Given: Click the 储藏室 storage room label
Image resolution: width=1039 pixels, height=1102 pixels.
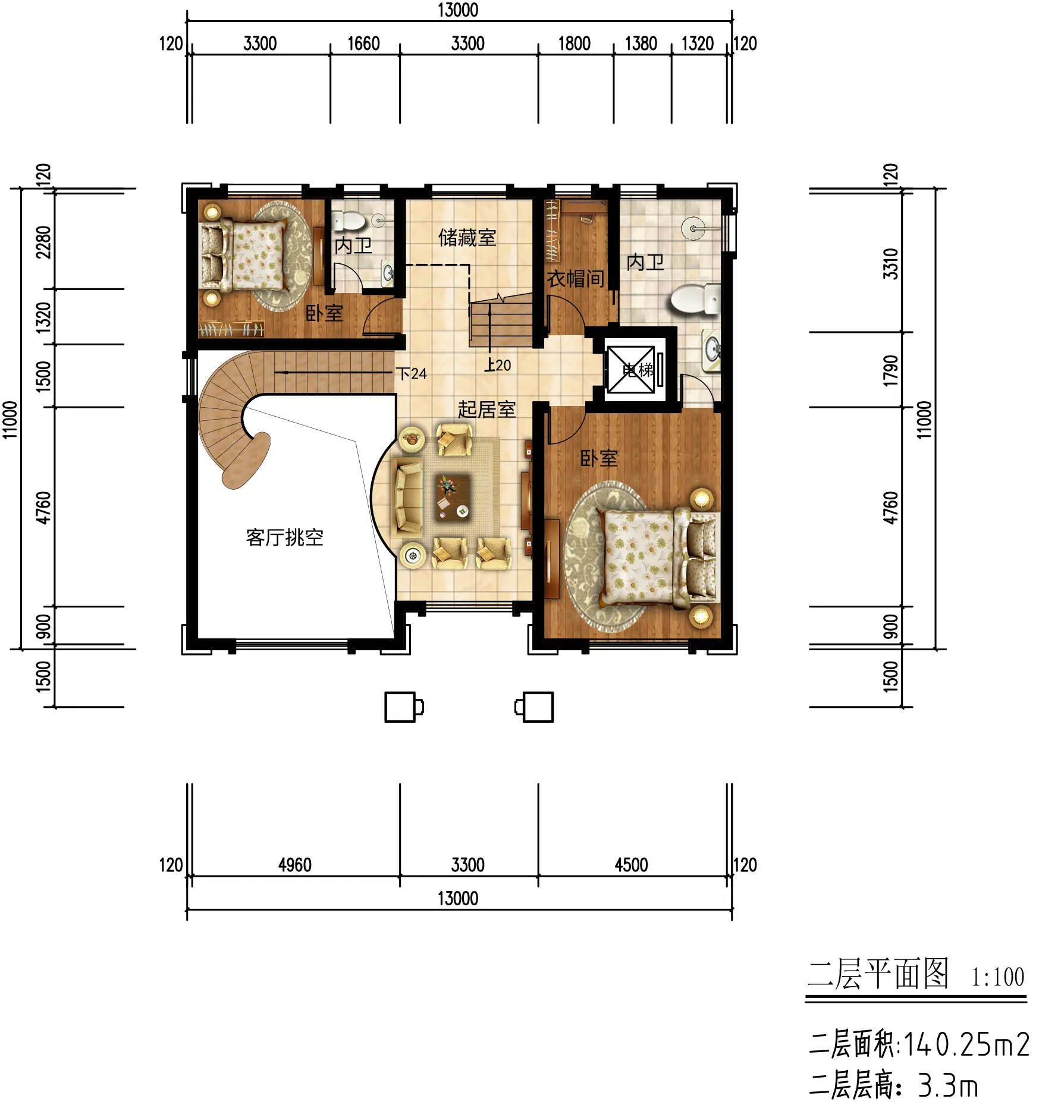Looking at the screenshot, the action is pos(467,238).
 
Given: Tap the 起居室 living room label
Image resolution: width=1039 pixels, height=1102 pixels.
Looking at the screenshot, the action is pos(486,409).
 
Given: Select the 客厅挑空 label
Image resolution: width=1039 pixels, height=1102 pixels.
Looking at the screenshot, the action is pos(284,537).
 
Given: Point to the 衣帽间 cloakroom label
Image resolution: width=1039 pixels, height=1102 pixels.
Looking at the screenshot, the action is pos(576,278).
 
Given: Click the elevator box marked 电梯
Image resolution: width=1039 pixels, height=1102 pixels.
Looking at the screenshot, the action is pos(630,370).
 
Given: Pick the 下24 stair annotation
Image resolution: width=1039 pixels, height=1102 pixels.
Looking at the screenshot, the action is pos(412,373).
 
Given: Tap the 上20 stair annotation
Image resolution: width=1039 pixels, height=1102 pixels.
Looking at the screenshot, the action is pos(497,365).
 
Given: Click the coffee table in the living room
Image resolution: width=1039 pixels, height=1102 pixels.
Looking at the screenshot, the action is pos(454,497).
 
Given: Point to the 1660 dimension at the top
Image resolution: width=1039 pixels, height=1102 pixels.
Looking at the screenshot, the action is pos(363,43).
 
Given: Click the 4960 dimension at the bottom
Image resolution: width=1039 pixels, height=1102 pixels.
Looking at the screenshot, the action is pos(294,865).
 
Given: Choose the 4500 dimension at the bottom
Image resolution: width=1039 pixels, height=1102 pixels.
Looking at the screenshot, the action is pos(631,865).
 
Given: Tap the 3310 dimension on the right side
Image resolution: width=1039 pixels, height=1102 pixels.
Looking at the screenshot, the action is pos(890,264).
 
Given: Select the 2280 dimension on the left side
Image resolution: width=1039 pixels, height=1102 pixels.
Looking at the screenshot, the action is pos(43,243).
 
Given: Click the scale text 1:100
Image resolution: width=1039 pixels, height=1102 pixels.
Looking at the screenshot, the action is pos(997,977).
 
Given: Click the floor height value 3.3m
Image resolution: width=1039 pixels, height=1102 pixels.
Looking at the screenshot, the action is pos(947,1085).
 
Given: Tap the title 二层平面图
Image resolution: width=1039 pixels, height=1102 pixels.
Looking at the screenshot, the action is pos(878,974).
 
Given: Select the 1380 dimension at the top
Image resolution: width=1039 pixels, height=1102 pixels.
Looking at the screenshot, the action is pos(641,43).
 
